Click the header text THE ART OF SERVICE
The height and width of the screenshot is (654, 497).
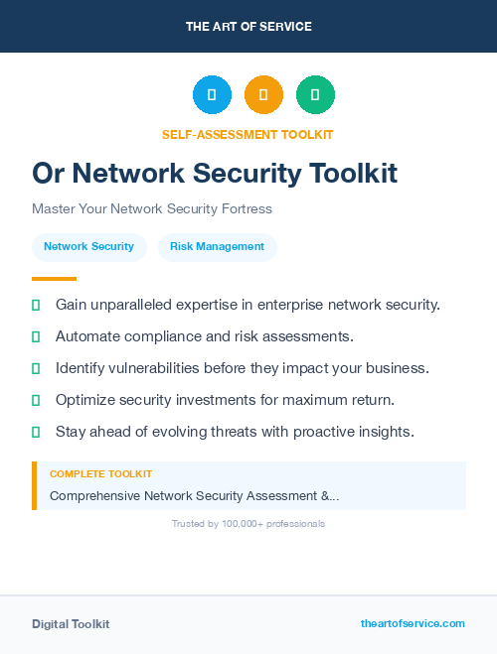click(x=248, y=27)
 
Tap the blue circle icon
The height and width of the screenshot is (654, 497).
click(x=212, y=95)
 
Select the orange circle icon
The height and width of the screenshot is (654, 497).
click(x=263, y=95)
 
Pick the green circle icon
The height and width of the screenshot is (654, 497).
click(x=315, y=95)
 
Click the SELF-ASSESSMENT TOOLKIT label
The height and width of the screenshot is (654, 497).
click(x=248, y=134)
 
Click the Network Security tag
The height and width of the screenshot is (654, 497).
click(x=88, y=246)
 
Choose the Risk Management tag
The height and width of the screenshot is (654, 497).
click(x=217, y=246)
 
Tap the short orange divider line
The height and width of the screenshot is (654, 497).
click(x=54, y=279)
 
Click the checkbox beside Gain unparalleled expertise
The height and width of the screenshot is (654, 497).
click(x=36, y=305)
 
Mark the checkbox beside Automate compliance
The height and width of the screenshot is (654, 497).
click(x=36, y=336)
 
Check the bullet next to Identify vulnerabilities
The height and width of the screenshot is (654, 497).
click(x=36, y=368)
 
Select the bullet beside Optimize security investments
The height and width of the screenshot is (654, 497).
click(x=36, y=400)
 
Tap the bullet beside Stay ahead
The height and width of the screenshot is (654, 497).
click(x=36, y=432)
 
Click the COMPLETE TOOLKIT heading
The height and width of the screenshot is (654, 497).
click(x=100, y=474)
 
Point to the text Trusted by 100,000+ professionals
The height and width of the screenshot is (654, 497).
click(x=248, y=524)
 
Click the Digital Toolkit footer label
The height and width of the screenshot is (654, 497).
click(x=71, y=624)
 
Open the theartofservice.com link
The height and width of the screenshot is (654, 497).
click(x=413, y=623)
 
